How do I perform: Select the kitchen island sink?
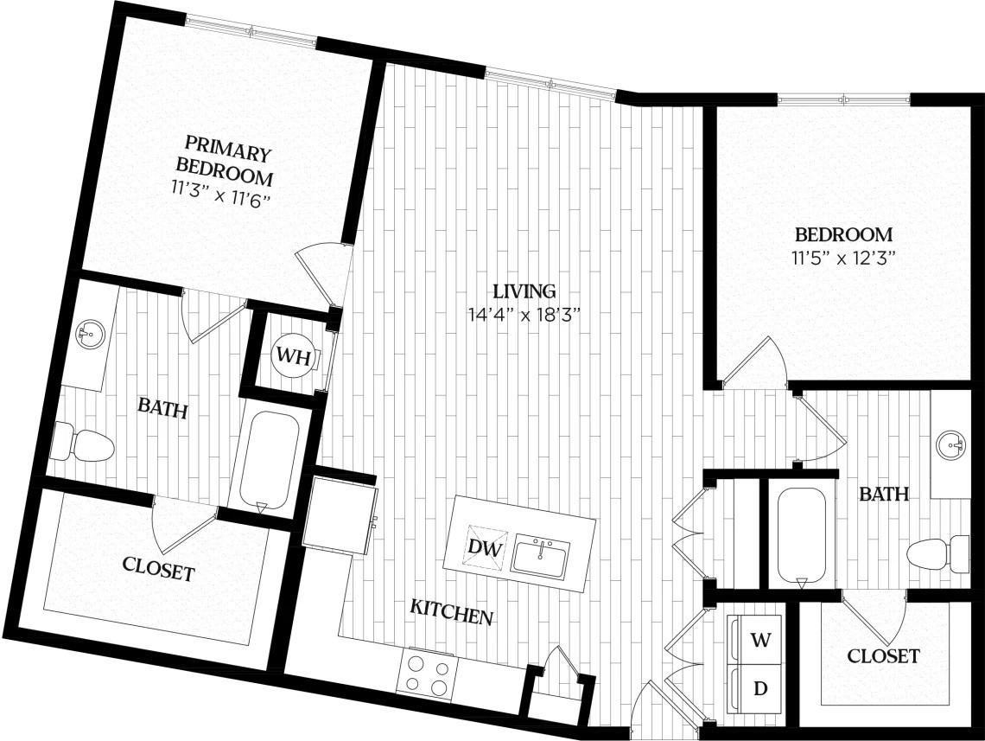coord(541,556)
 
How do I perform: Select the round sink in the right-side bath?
coord(952,446)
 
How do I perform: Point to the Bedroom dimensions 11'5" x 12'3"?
coord(843,257)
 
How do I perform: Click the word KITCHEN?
coord(451,615)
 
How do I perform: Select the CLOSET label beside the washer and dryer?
coord(883,656)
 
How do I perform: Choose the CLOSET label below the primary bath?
coord(158,570)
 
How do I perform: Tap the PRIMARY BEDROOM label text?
coord(224,161)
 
